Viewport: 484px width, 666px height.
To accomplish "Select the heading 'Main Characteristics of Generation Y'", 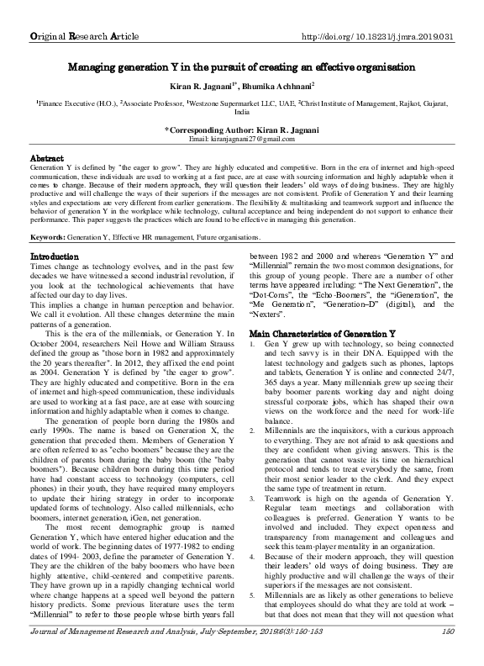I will coord(318,335).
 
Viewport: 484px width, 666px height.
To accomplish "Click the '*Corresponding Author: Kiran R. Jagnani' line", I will coord(241,129).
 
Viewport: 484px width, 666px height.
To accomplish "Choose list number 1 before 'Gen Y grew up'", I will coord(254,346).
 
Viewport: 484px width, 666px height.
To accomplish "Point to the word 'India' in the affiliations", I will coord(242,111).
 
